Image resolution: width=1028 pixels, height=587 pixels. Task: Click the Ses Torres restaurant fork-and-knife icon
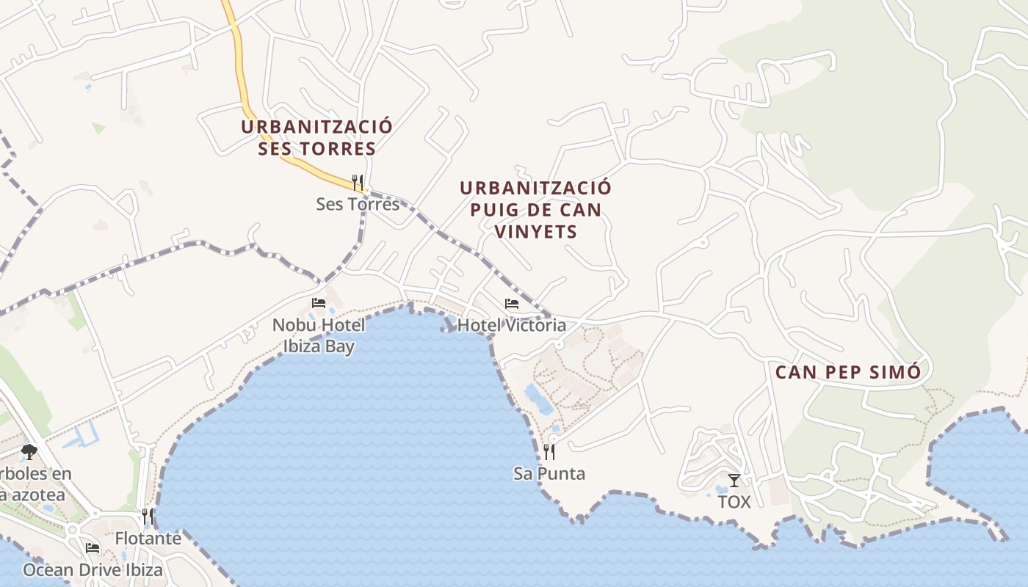358,181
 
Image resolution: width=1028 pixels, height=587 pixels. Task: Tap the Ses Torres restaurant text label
358,204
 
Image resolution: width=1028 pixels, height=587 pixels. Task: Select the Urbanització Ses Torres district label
316,137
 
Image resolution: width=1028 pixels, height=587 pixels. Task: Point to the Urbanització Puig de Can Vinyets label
535,209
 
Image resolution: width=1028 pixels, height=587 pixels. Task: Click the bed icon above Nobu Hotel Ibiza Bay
318,302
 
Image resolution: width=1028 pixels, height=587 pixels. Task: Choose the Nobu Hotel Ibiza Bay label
318,335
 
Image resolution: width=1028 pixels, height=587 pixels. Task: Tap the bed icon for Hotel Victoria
512,303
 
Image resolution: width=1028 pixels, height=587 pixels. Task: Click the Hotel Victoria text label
512,325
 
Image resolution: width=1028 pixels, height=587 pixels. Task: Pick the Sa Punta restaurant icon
549,451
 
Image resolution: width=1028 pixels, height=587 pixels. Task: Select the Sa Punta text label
549,474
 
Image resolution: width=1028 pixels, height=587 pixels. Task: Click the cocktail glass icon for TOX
734,481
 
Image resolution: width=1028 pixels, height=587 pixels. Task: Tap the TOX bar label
734,503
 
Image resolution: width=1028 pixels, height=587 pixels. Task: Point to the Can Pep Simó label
848,372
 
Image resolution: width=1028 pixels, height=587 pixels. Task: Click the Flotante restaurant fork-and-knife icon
148,517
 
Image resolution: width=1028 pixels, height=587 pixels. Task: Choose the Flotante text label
148,539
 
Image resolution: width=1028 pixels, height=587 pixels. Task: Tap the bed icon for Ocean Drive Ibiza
93,547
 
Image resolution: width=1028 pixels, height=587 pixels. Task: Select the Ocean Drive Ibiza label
93,570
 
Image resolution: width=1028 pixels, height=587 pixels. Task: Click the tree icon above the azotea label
29,452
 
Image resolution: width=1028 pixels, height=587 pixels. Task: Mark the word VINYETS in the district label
535,232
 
